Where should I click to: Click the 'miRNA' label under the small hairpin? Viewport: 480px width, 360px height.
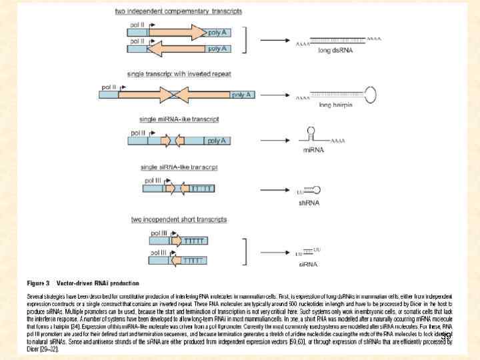[x=313, y=150]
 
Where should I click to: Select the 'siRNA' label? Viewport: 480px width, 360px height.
[x=307, y=264]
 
